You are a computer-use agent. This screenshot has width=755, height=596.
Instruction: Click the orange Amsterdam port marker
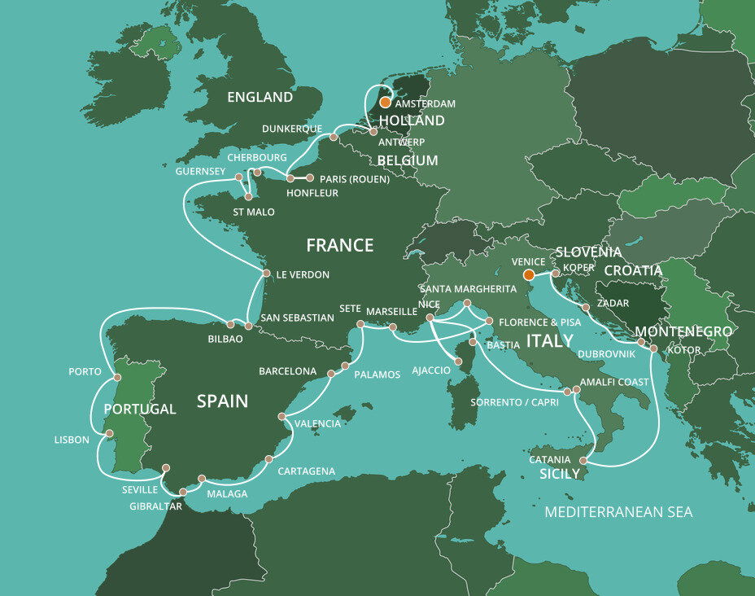point(385,103)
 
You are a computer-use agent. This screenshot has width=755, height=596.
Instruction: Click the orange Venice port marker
point(527,274)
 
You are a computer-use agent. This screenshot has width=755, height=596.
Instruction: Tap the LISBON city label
point(72,440)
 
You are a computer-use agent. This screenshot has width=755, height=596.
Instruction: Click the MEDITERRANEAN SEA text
point(618,512)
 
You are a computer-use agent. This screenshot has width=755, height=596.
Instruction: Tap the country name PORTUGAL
point(140,409)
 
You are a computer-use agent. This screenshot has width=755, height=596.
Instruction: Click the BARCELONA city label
point(287,371)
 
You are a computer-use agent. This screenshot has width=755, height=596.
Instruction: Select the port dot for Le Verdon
point(265,274)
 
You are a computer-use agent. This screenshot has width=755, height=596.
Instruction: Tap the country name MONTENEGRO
point(683,332)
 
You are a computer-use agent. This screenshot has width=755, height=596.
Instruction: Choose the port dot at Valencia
point(281,416)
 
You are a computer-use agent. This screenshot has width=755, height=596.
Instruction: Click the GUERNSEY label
point(201,172)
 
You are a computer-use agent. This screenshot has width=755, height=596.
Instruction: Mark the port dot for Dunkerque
point(334,137)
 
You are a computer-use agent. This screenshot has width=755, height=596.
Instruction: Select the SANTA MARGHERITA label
point(468,289)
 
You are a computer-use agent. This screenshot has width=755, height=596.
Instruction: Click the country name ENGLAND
point(260,98)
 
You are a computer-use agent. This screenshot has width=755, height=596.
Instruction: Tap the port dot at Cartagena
point(268,459)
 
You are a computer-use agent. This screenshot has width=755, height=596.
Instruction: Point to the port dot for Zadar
point(585,308)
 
